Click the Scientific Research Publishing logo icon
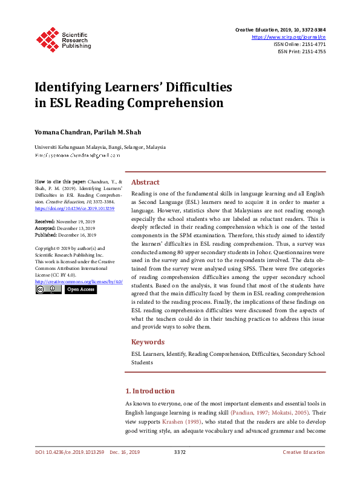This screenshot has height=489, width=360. click(47, 38)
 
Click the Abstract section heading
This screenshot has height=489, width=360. click(145, 182)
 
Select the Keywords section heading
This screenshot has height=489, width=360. click(148, 342)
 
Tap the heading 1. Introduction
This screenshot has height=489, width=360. click(149, 391)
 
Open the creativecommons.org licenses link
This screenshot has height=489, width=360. click(79, 282)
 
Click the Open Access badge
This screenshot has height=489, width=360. click(80, 290)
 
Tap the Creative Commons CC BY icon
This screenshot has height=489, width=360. click(48, 290)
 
